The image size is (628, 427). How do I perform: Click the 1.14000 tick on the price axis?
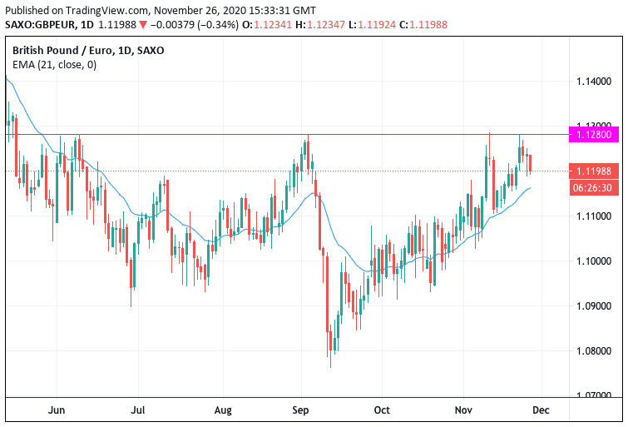[594, 82]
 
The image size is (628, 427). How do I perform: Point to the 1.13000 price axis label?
[594, 127]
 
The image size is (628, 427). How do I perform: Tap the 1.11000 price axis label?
[594, 216]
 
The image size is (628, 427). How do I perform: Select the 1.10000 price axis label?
[594, 261]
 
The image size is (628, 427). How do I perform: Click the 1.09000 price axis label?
[594, 306]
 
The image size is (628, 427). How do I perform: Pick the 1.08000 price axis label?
[594, 351]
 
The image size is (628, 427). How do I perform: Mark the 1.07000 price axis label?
[594, 396]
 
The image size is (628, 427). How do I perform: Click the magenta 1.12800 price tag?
[594, 134]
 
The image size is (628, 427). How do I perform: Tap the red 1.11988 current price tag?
[594, 171]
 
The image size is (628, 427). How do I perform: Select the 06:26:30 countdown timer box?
[594, 188]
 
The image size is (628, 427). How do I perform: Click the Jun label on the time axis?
[57, 410]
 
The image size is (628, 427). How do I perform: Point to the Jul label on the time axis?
[138, 410]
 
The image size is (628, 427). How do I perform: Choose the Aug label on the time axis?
[222, 410]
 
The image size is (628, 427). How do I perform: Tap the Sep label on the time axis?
[301, 410]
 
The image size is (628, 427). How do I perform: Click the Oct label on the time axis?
[382, 410]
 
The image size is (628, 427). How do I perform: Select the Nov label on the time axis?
[462, 410]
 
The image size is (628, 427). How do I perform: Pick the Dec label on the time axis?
[541, 410]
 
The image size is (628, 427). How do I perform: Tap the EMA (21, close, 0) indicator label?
[54, 64]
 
